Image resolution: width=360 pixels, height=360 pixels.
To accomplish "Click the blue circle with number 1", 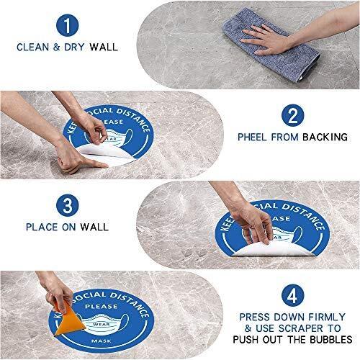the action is (x=68, y=25).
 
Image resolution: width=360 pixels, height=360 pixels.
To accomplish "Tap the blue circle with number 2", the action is (x=292, y=115).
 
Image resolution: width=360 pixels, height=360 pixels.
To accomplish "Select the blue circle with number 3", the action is (x=68, y=205).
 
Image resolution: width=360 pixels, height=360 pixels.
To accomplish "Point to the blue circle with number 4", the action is (x=292, y=295).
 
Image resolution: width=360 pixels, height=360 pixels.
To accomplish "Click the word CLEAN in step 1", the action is (x=32, y=47).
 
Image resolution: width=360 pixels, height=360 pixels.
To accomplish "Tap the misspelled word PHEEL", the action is (x=252, y=137).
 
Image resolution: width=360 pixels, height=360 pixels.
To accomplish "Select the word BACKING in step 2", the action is (x=325, y=137).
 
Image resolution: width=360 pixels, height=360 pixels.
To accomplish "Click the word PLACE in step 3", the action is (x=42, y=227).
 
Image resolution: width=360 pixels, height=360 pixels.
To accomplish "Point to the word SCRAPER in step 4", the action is (x=301, y=328).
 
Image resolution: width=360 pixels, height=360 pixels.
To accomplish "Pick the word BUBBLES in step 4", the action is (x=331, y=340).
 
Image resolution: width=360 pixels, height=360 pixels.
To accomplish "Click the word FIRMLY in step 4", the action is (x=327, y=317).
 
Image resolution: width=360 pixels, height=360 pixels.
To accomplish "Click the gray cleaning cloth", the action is (x=272, y=45).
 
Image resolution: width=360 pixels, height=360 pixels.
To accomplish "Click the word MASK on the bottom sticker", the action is (x=102, y=341).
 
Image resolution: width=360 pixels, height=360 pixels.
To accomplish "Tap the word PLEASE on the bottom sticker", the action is (x=102, y=307).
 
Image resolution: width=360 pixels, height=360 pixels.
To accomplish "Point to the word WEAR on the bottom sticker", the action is (x=102, y=325).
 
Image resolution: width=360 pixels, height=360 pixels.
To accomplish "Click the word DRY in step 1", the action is (x=74, y=47).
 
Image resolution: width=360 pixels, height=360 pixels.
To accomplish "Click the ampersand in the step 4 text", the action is (x=248, y=328).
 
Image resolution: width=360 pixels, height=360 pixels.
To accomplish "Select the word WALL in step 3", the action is (x=94, y=227).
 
